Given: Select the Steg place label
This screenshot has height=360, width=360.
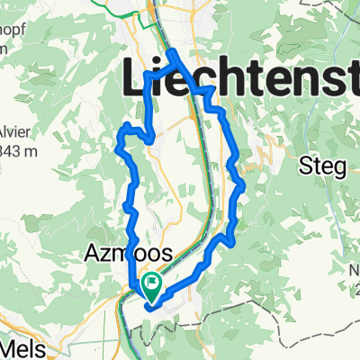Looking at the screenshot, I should (x=321, y=167).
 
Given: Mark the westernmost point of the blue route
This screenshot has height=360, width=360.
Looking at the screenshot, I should (x=120, y=138).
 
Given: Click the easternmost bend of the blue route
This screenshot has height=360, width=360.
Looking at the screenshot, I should (x=244, y=184).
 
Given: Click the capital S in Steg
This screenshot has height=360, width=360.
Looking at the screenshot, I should (x=304, y=166).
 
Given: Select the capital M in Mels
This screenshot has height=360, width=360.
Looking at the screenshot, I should (x=13, y=346).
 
